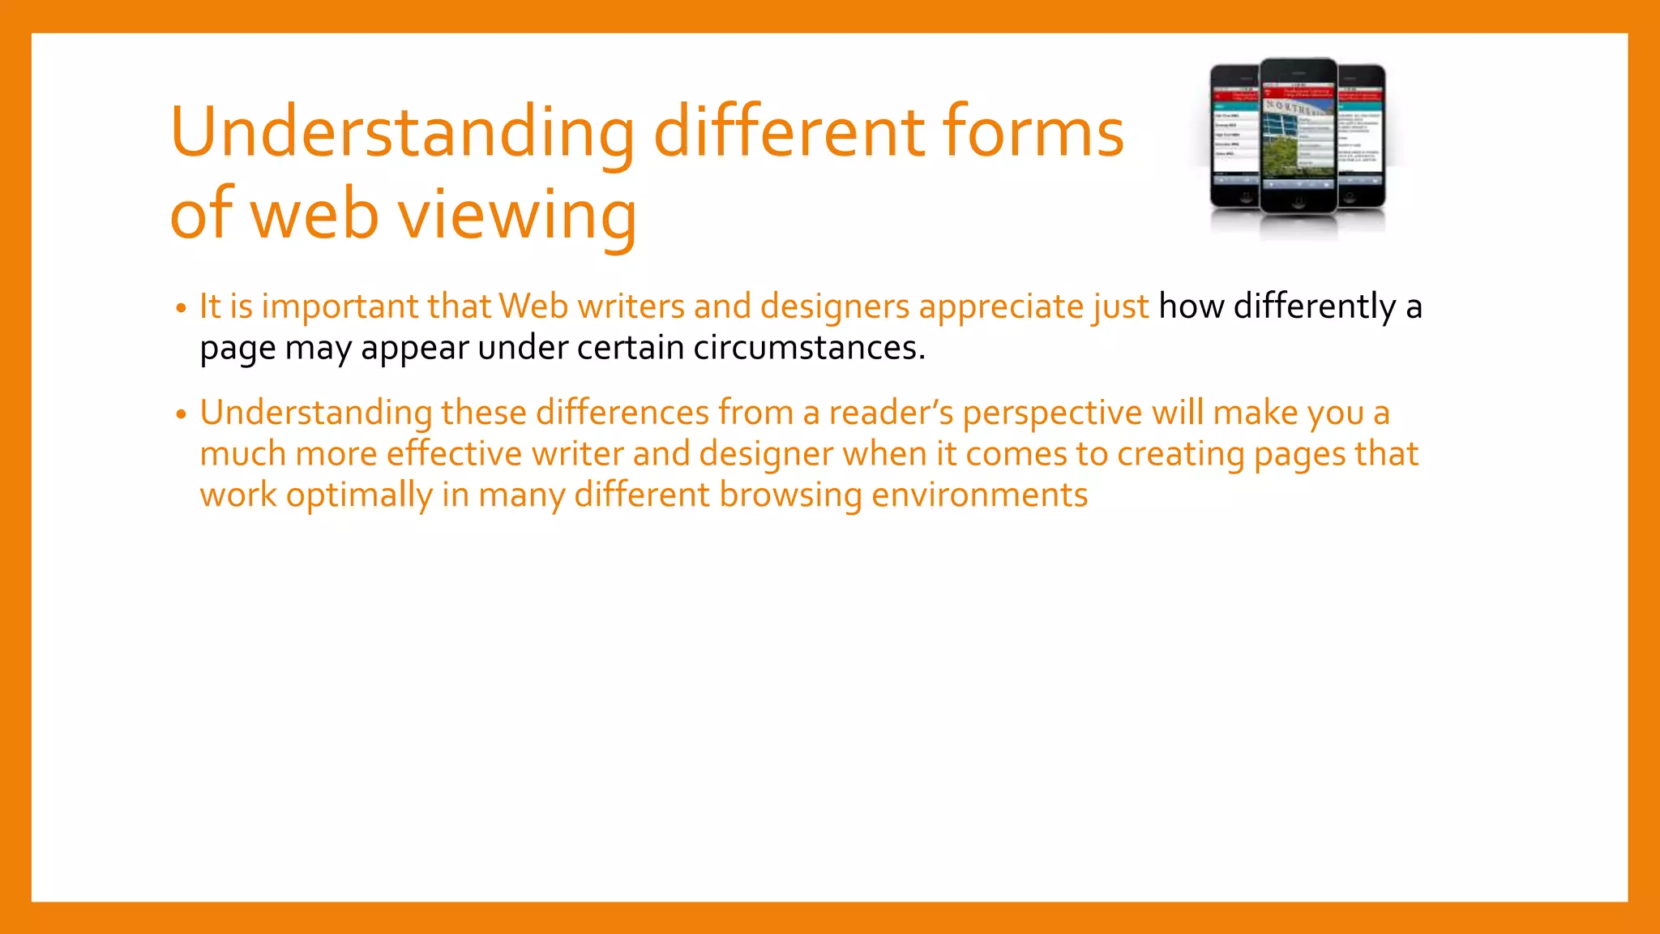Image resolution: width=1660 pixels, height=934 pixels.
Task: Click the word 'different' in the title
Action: [788, 132]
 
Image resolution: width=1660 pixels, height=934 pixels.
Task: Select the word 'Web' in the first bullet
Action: [533, 306]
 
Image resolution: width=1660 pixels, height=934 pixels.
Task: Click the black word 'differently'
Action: [1314, 306]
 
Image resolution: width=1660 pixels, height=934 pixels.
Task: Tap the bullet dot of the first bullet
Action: [181, 309]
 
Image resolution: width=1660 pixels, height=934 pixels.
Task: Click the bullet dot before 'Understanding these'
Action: [181, 415]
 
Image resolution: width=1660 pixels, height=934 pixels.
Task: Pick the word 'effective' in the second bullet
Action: [454, 454]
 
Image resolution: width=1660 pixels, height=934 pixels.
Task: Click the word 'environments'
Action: [979, 495]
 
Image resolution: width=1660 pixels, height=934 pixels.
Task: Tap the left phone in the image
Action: [1234, 138]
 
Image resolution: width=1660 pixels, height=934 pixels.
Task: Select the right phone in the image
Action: [1362, 138]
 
